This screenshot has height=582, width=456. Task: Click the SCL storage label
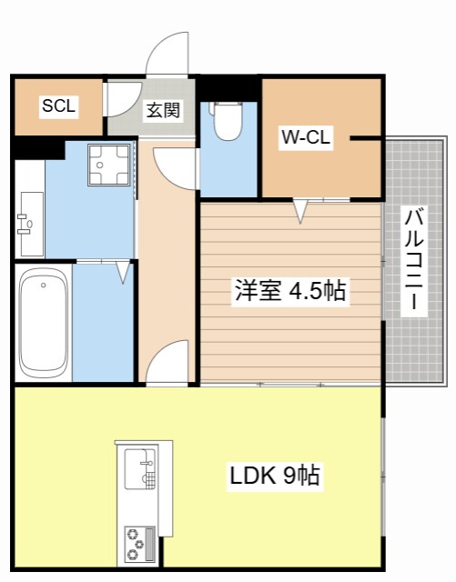[x=58, y=105]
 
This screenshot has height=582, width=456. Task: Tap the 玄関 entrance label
[x=163, y=111]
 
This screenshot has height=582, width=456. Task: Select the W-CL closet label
[x=306, y=138]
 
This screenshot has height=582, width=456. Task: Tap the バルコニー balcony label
[x=415, y=260]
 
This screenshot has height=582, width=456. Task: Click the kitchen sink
[x=140, y=468]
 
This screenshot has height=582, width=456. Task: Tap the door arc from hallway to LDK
[x=168, y=364]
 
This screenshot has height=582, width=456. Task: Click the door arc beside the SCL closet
[x=119, y=100]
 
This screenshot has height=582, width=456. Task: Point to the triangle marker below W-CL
[x=301, y=212]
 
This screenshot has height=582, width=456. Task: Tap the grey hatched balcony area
[x=415, y=182]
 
